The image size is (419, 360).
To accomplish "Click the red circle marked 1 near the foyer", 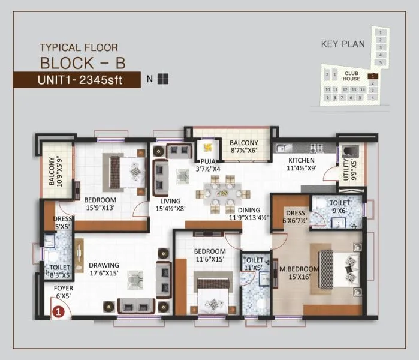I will [x=58, y=311].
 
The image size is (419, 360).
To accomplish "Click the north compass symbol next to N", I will [x=163, y=79].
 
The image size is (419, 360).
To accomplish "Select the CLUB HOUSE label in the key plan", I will [x=352, y=76].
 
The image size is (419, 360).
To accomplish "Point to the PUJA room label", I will [x=208, y=165].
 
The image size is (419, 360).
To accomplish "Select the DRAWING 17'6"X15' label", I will [x=104, y=269].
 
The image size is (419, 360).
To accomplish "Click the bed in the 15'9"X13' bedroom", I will [x=126, y=171].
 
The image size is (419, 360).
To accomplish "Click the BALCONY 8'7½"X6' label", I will [x=243, y=146].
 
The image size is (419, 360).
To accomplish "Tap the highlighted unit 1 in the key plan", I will [x=372, y=76].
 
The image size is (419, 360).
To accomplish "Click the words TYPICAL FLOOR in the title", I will [x=79, y=47].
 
